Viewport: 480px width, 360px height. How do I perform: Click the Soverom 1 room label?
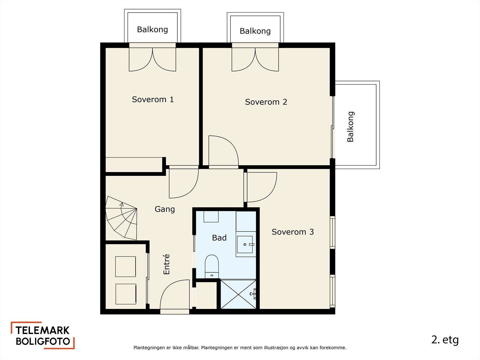click(x=153, y=100)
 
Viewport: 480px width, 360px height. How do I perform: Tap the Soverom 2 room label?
click(x=266, y=102)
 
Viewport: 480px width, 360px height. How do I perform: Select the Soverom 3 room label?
click(x=292, y=232)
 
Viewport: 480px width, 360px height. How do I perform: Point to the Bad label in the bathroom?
click(x=219, y=238)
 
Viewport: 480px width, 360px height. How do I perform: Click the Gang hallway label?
click(x=165, y=209)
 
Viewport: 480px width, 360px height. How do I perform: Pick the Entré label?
click(x=166, y=264)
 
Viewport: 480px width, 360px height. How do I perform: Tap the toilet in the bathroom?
click(x=212, y=266)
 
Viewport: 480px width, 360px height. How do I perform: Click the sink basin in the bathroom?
click(x=245, y=244)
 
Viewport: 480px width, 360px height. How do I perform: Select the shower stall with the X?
click(x=238, y=294)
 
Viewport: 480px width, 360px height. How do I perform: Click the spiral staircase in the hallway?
click(x=121, y=218)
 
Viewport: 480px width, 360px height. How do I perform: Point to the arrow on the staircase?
click(x=121, y=205)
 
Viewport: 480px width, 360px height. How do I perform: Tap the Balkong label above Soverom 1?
click(x=152, y=29)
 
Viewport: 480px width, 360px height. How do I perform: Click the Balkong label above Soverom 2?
click(x=255, y=31)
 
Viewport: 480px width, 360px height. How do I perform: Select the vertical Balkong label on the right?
click(x=350, y=127)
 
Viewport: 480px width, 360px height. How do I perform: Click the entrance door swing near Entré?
click(x=175, y=295)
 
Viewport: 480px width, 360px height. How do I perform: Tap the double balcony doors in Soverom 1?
click(x=152, y=59)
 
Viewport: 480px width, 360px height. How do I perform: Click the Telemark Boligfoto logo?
click(x=43, y=335)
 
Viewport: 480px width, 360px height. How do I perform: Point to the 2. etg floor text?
click(x=445, y=340)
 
